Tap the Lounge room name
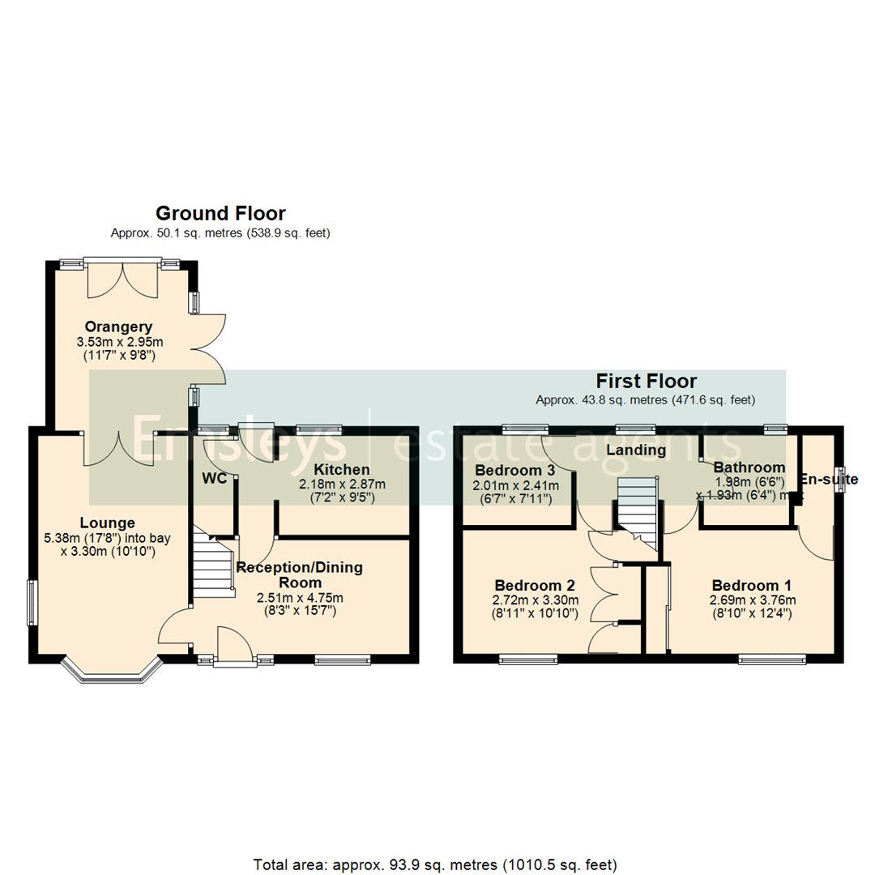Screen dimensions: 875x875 click(108, 523)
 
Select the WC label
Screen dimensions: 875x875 click(215, 478)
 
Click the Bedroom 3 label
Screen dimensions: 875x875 click(514, 471)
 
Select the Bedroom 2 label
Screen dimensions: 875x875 click(534, 585)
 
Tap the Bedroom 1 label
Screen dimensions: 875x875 click(751, 585)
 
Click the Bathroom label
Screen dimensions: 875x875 click(749, 467)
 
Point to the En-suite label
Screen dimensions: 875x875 click(829, 480)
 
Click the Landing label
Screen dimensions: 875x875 click(636, 450)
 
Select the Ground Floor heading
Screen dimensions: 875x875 click(220, 214)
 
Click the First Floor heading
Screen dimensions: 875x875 click(646, 381)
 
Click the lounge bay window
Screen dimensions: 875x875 click(113, 672)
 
